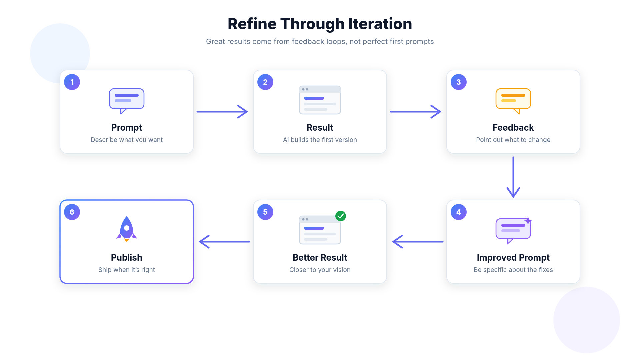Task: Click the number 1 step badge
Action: point(72,82)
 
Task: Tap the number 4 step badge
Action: point(459,212)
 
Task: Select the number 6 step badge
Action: point(72,212)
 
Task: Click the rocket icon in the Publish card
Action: point(127,229)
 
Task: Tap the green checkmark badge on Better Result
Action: point(341,216)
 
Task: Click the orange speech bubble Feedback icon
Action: point(513,101)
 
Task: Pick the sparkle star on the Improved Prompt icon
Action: point(528,221)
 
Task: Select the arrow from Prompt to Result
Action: point(222,112)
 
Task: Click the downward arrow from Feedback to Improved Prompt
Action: point(513,177)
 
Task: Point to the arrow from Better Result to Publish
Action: point(224,242)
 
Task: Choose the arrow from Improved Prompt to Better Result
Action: point(418,242)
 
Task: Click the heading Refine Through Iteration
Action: point(320,24)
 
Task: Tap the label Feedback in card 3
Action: point(513,127)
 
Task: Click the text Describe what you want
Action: point(127,140)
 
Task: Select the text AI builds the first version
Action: point(320,140)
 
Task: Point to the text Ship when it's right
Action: point(127,270)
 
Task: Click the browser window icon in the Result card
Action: point(320,100)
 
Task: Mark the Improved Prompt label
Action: point(513,258)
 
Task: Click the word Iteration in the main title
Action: point(380,24)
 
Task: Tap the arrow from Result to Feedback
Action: point(416,112)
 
